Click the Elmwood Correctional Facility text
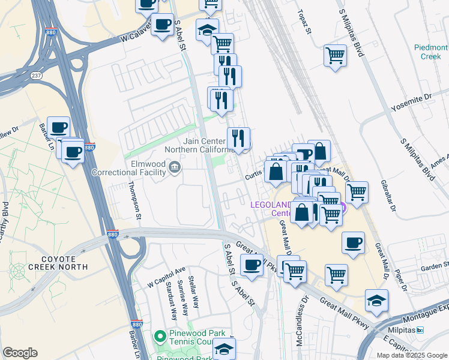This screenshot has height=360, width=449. coord(128,167)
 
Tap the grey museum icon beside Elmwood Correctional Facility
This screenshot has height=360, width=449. coord(175,166)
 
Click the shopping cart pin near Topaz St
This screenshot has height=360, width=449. coord(335,56)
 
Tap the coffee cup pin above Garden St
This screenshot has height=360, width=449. coord(353,243)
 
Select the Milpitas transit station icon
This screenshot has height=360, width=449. coord(420,330)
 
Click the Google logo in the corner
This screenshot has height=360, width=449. coord(20,353)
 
